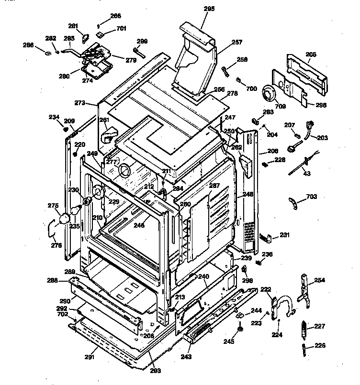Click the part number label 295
[210, 9]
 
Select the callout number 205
[311, 55]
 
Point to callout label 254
[319, 280]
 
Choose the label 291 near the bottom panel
[90, 356]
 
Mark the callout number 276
[56, 245]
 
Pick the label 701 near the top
[121, 28]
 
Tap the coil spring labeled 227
[303, 329]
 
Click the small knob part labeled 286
[49, 52]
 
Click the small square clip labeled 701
[101, 34]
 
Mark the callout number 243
[186, 357]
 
